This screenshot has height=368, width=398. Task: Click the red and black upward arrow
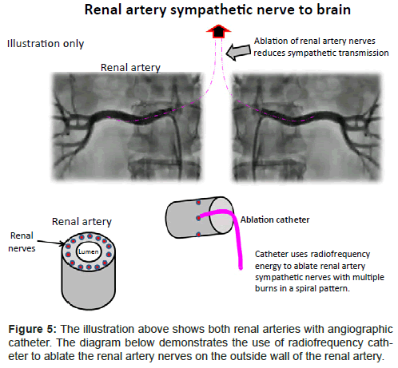click(x=218, y=31)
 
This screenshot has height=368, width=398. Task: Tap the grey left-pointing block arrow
click(x=238, y=52)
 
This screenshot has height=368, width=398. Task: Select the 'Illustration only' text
click(x=46, y=44)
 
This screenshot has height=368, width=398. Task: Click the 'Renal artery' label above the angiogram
click(x=130, y=68)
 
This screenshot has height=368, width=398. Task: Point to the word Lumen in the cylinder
click(x=88, y=251)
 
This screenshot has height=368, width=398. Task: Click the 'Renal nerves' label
click(x=22, y=242)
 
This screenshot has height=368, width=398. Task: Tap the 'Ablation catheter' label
click(x=275, y=220)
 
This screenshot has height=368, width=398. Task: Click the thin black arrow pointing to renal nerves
click(x=50, y=242)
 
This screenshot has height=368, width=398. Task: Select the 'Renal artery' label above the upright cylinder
click(x=82, y=222)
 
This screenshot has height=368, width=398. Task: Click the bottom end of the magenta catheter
click(x=241, y=268)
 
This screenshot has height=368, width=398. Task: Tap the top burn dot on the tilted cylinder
click(x=198, y=203)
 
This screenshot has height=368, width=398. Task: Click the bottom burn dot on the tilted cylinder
click(x=198, y=235)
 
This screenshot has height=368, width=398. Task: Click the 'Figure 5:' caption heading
click(x=33, y=329)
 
